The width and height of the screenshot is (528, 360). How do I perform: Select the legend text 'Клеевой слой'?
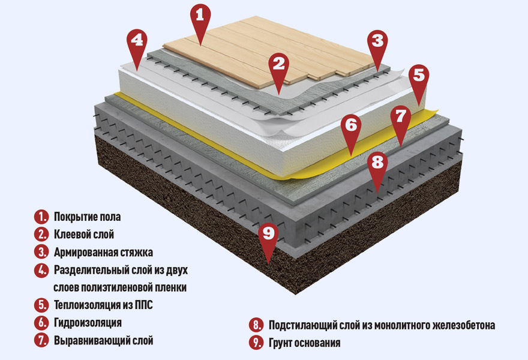point(84,234)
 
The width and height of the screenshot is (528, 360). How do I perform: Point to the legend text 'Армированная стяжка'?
point(103,252)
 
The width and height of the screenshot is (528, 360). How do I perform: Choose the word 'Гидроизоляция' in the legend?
point(88,323)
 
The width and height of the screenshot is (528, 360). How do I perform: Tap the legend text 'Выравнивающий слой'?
point(103,341)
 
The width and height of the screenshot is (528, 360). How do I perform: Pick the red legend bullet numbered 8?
point(256,326)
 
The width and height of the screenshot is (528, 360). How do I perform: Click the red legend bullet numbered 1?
point(41,217)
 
